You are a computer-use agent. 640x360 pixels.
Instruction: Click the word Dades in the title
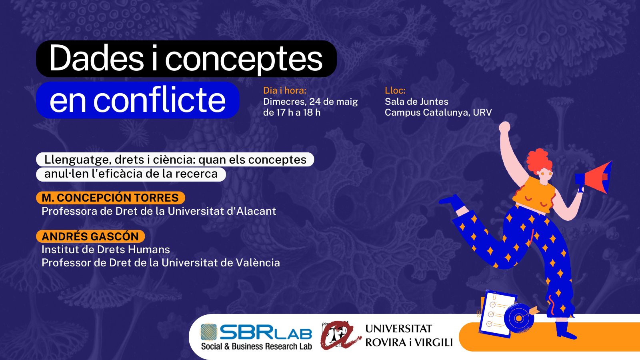(96, 58)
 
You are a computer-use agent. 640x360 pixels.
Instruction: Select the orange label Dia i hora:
(284, 90)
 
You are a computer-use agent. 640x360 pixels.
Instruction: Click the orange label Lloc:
(395, 90)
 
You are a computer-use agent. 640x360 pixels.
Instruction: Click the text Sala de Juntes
(416, 102)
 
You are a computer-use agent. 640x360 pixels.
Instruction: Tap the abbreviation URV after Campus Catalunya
(482, 112)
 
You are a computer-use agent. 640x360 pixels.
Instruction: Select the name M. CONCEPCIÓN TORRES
(110, 198)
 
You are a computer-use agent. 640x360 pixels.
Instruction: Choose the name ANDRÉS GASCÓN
(90, 236)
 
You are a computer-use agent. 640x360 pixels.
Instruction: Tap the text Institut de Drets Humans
(106, 250)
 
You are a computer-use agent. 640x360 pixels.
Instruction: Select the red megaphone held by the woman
(594, 178)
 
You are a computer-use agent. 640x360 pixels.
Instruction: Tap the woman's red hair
(539, 160)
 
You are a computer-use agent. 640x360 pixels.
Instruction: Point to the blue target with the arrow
(520, 318)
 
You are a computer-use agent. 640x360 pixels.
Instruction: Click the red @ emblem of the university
(340, 335)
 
